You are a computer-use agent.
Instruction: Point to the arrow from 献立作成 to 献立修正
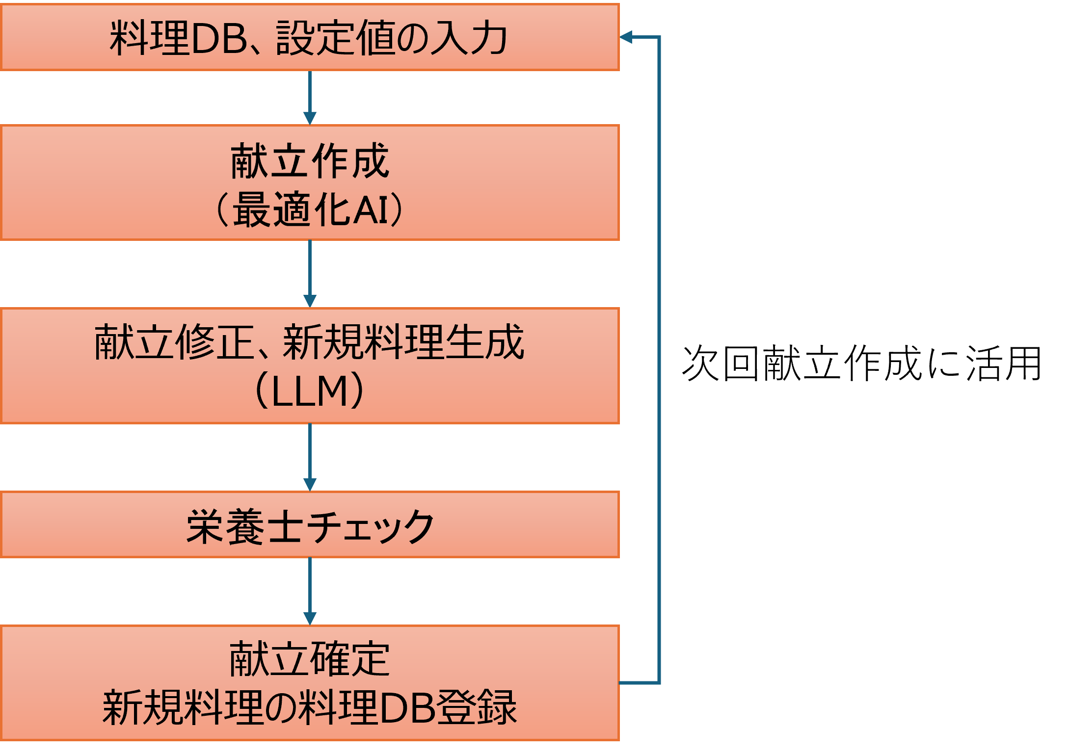coord(310,273)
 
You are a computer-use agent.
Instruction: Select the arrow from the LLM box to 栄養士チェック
coord(310,456)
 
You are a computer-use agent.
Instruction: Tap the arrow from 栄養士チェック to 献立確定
coord(310,591)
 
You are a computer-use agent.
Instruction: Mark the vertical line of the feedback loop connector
coord(659,358)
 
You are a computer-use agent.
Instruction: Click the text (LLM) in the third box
coord(310,391)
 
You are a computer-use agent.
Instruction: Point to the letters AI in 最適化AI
coord(371,209)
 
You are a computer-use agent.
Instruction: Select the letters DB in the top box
coord(219,38)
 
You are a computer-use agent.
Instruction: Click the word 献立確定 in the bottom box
coord(310,659)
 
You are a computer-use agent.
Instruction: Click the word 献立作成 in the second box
coord(310,161)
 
